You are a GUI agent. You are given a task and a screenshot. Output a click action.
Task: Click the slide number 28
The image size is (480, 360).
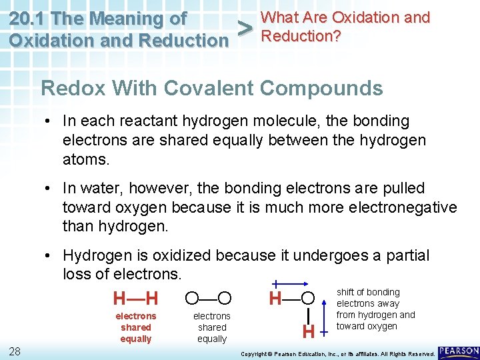[x=15, y=351]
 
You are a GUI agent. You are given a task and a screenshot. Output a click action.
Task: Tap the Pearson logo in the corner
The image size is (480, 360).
[x=459, y=351]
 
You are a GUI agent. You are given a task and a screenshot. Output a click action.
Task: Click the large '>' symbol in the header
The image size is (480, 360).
[x=245, y=28]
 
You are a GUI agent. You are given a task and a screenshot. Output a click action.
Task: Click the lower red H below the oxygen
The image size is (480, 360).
[x=308, y=331]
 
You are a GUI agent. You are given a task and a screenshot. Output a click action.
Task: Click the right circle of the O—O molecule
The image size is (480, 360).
[x=225, y=297]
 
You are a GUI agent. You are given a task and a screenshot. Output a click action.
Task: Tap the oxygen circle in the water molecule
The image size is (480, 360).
[x=308, y=297]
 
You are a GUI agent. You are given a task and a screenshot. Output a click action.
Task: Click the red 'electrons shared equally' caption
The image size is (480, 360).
[x=136, y=327]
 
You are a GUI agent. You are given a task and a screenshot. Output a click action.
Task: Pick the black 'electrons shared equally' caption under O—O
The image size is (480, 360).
[x=212, y=327]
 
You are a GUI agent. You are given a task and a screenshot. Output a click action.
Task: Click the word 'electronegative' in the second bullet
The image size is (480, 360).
[x=407, y=207]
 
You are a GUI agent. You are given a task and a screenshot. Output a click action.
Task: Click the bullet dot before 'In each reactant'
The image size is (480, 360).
[x=50, y=121]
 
